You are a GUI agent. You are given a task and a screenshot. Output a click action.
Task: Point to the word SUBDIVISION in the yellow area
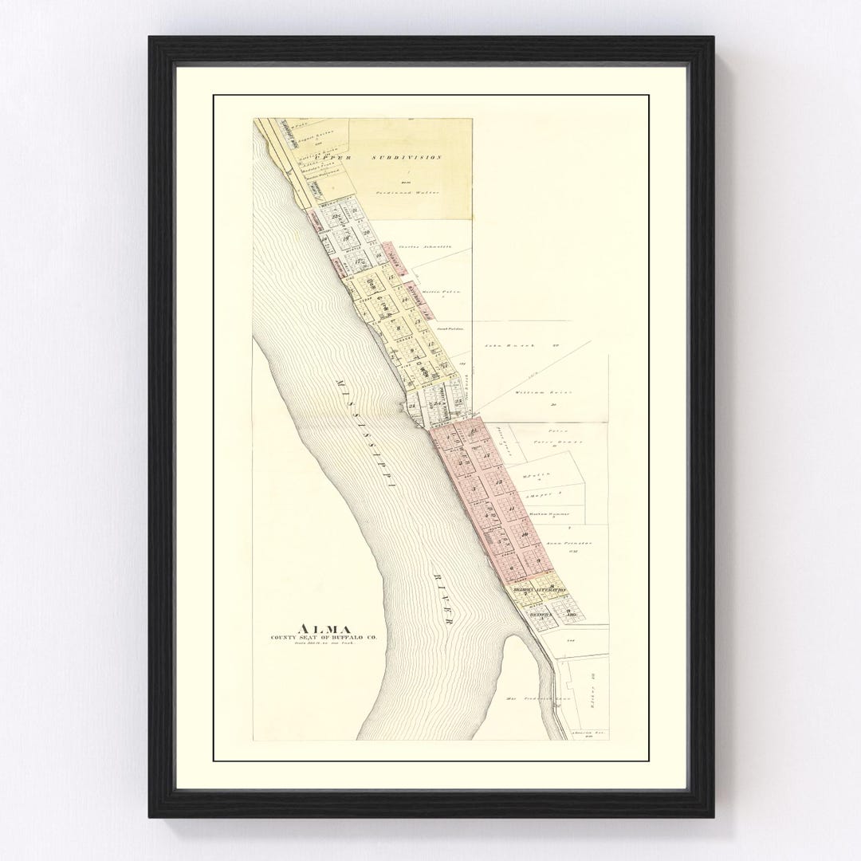[x=407, y=158]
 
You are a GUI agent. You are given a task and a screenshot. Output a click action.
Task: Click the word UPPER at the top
[x=332, y=158]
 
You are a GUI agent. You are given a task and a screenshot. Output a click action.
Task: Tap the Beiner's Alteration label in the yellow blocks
[x=539, y=590]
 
